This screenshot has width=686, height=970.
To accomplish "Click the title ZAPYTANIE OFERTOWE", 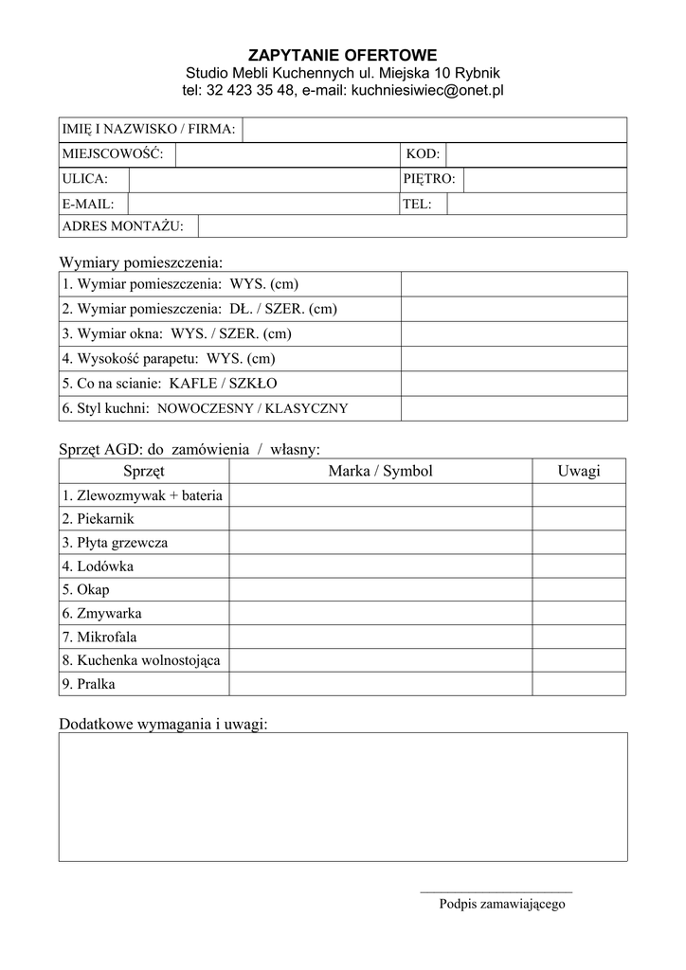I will click(x=343, y=55).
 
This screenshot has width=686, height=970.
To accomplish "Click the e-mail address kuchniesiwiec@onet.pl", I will click(x=427, y=91).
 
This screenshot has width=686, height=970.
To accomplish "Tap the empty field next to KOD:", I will click(x=535, y=153).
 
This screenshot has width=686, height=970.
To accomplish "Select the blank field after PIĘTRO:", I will click(x=545, y=178).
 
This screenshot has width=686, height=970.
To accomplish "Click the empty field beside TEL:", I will click(x=536, y=203).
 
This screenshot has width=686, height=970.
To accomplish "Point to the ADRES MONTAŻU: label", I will click(x=128, y=226).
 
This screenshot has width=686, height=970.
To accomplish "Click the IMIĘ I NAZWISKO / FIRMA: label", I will click(x=149, y=129).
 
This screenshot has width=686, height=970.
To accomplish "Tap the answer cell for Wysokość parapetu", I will click(x=514, y=359).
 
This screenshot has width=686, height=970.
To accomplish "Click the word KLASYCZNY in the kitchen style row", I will click(x=307, y=409).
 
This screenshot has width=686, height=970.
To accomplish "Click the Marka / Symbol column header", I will click(x=379, y=471).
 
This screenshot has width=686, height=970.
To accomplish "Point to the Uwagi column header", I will click(x=579, y=471).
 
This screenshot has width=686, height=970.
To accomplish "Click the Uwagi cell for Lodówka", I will click(x=579, y=566).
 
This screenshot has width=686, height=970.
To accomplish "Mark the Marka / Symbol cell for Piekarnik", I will click(x=379, y=519).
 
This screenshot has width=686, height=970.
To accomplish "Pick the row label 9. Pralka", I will click(x=89, y=684).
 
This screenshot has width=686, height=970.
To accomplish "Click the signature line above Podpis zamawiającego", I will click(x=496, y=892).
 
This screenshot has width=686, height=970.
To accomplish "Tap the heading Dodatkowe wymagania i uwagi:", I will click(x=163, y=725).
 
